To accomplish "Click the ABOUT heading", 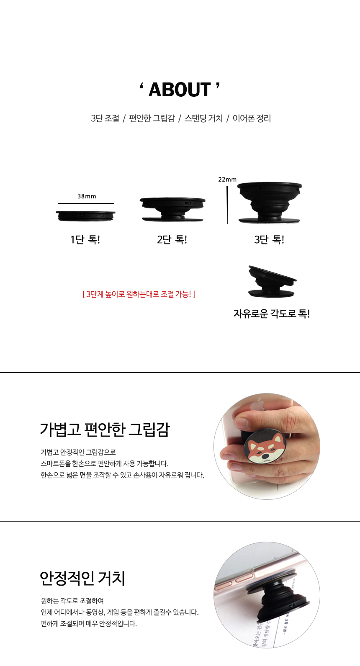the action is [180, 90].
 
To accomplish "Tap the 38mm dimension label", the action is [87, 196].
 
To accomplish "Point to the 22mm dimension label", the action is [227, 180].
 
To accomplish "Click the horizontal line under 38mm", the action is [86, 204].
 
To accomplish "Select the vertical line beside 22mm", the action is [227, 205].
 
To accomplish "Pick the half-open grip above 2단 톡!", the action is [172, 209].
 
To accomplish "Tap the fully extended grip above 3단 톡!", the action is [270, 203].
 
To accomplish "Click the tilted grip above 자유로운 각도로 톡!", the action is [271, 281].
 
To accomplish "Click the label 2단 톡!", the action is [172, 239].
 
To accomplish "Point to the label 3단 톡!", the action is [269, 239].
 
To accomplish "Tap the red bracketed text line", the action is [139, 294].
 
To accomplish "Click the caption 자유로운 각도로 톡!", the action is [272, 314].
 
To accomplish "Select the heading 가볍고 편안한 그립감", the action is [105, 429].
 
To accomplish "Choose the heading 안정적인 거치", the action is [82, 578].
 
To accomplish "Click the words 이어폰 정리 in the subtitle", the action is [252, 118].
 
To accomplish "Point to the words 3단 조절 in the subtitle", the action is [105, 118].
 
